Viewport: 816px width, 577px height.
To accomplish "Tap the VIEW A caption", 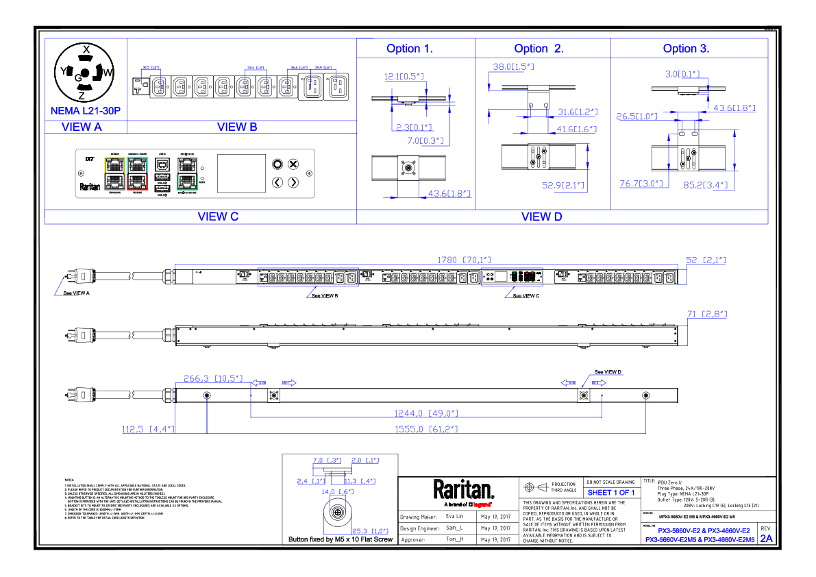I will [x=82, y=127].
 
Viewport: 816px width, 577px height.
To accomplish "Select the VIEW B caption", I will [x=237, y=127].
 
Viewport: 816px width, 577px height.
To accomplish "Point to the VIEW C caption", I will [x=218, y=217].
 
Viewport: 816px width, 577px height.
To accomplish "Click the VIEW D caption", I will [x=542, y=217].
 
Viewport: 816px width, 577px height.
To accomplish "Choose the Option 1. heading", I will [x=410, y=49].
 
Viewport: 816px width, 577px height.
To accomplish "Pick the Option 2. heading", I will [x=539, y=49].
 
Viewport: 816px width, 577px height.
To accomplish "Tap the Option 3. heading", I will [x=686, y=49].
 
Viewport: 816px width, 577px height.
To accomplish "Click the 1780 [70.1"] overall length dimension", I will [x=465, y=260].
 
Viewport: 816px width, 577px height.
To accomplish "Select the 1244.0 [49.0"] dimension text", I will [x=425, y=413].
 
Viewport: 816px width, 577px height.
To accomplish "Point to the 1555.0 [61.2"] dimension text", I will [x=425, y=429].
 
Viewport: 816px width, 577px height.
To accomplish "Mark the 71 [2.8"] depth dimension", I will [x=706, y=314].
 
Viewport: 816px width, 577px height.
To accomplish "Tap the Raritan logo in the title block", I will [x=463, y=491].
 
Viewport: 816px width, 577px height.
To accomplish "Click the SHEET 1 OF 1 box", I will [x=611, y=493].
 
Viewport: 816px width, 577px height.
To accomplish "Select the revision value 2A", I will [x=766, y=539].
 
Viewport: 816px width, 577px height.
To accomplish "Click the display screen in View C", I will [x=241, y=173].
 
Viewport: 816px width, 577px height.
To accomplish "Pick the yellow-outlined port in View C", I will [x=114, y=164].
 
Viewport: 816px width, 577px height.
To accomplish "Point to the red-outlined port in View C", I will [x=138, y=182].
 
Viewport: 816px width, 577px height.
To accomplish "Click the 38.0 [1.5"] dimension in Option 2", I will [x=513, y=67].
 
